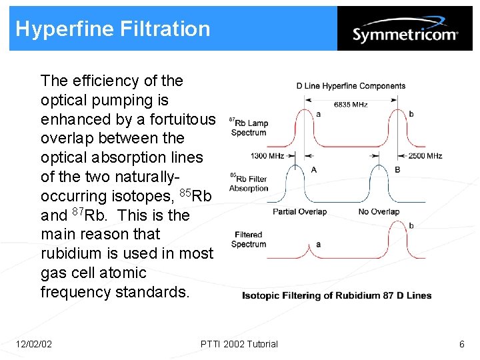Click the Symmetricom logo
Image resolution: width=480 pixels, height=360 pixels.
tap(405, 33)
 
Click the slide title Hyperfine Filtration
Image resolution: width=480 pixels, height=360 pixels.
tap(113, 29)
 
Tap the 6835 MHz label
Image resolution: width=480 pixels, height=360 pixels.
tap(350, 105)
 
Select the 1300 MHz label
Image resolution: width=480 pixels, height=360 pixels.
tap(267, 156)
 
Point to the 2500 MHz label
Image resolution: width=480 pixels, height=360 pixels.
tap(425, 156)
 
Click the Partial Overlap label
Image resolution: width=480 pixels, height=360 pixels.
tap(299, 212)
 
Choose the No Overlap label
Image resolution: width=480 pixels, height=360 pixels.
tap(379, 212)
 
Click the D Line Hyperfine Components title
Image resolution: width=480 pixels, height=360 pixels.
tap(351, 86)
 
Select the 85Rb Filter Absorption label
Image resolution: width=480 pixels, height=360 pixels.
tap(248, 183)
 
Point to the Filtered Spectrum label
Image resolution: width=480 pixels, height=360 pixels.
tap(249, 239)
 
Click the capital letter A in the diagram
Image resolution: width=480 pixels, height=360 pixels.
tap(313, 169)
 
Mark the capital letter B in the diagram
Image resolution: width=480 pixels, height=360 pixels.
tap(397, 169)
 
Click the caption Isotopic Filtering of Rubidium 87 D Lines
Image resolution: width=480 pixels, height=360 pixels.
tap(337, 295)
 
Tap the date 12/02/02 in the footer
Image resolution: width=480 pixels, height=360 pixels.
tap(34, 344)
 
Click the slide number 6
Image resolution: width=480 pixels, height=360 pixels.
tap(461, 344)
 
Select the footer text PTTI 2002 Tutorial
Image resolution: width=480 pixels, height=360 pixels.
tap(239, 344)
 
